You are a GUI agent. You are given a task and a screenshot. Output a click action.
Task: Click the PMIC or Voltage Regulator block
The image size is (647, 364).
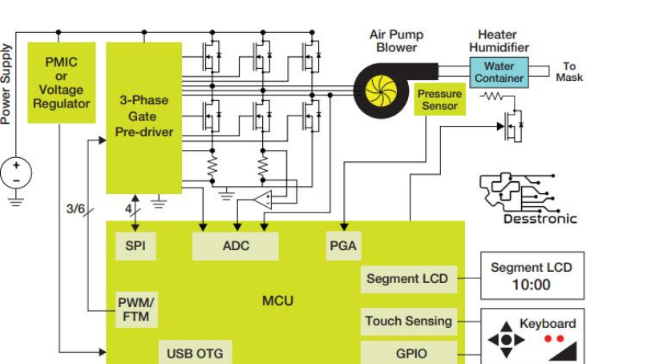(62, 83)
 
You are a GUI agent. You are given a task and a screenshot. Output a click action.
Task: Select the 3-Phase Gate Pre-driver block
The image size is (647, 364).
(144, 117)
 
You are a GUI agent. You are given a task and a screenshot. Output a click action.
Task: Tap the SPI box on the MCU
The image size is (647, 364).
(135, 246)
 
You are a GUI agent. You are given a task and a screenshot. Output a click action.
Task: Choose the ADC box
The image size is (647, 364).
(236, 246)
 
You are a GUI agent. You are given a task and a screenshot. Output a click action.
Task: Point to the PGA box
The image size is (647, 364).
(342, 246)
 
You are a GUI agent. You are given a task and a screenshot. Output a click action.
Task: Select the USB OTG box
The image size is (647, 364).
(195, 353)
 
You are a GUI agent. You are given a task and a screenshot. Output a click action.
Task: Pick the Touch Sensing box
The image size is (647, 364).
(409, 322)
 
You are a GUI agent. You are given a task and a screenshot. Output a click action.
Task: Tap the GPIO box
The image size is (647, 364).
(409, 353)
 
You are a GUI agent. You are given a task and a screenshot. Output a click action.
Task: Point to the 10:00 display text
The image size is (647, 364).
(532, 285)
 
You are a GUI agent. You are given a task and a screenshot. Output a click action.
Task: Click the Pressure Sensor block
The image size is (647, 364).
(439, 100)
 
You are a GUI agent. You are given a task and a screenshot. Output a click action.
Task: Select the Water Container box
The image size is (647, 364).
(499, 72)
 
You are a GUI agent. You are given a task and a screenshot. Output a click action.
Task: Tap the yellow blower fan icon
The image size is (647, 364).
(381, 90)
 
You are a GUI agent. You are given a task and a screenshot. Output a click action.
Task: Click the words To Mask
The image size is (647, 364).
(569, 72)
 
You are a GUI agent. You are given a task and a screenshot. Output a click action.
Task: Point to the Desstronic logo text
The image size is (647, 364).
(540, 219)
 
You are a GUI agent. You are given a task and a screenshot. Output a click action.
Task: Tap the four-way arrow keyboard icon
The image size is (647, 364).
(506, 339)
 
